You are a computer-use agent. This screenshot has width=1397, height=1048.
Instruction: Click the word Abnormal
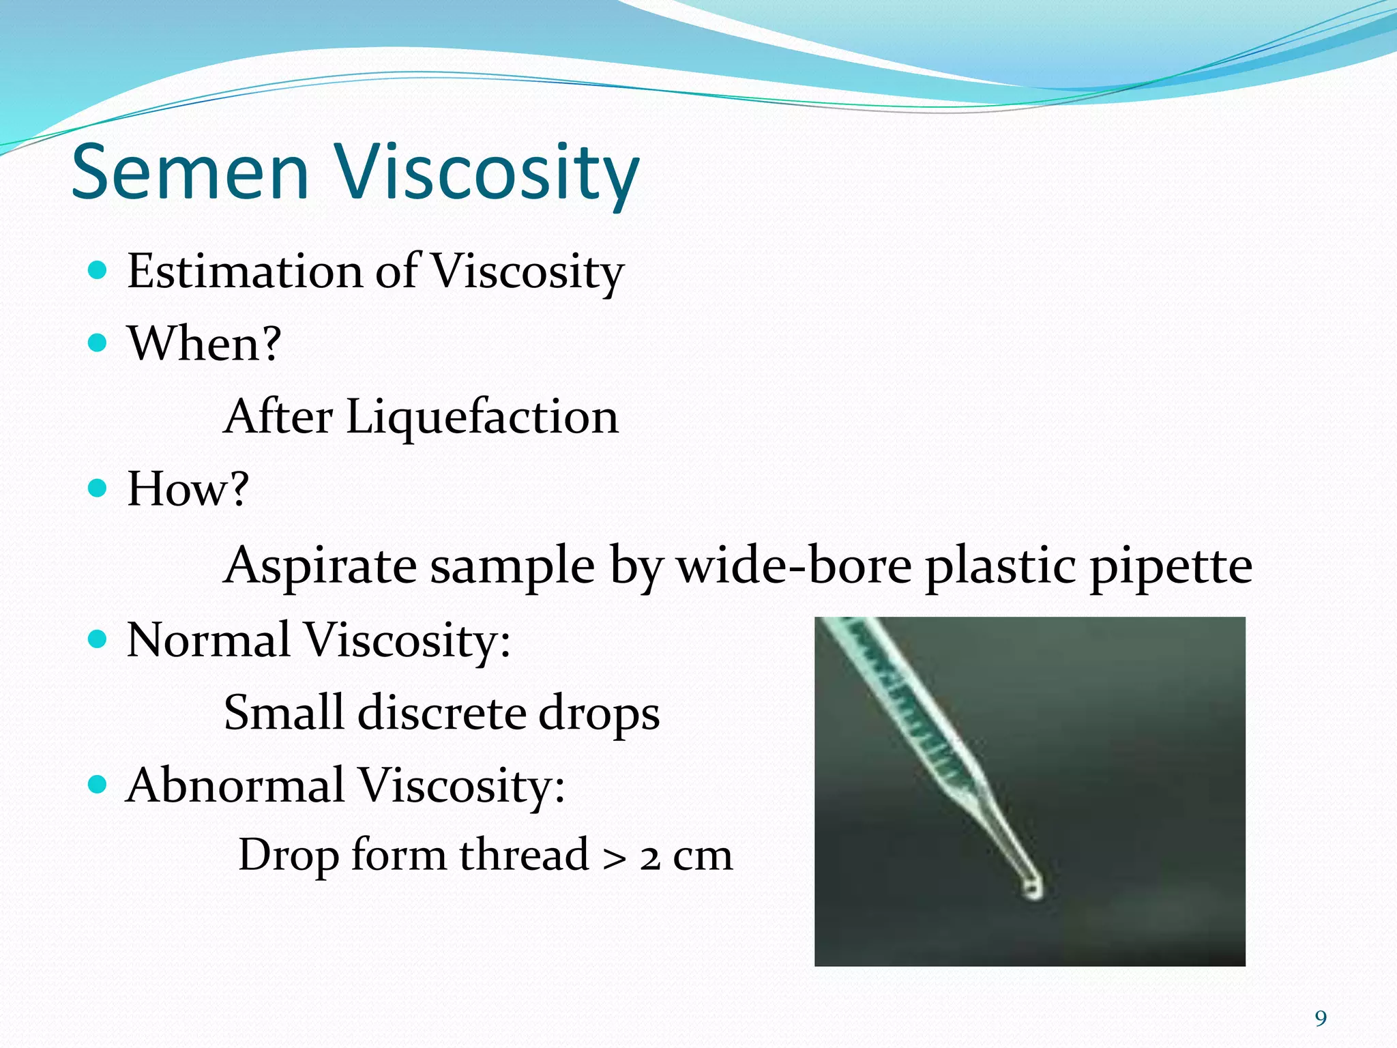tap(235, 785)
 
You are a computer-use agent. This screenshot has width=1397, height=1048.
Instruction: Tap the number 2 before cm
tap(650, 858)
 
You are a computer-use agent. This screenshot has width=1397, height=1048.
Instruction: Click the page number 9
tap(1321, 1019)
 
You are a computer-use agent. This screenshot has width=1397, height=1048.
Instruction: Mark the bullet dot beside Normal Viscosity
tap(98, 639)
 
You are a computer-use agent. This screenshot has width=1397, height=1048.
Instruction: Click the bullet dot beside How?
tap(98, 488)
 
